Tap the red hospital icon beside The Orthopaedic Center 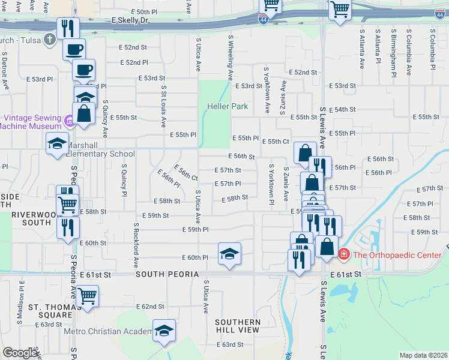343,255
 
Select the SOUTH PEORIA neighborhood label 167,274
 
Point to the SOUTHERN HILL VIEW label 238,326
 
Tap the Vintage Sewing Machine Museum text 32,122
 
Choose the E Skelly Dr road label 130,20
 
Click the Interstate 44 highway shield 264,20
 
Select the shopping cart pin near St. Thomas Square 88,296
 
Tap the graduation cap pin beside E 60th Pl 229,254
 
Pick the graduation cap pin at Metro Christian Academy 164,331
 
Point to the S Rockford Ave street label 136,245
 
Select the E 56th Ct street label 186,172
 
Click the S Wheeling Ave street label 231,58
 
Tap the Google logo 20,353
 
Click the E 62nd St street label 150,307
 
